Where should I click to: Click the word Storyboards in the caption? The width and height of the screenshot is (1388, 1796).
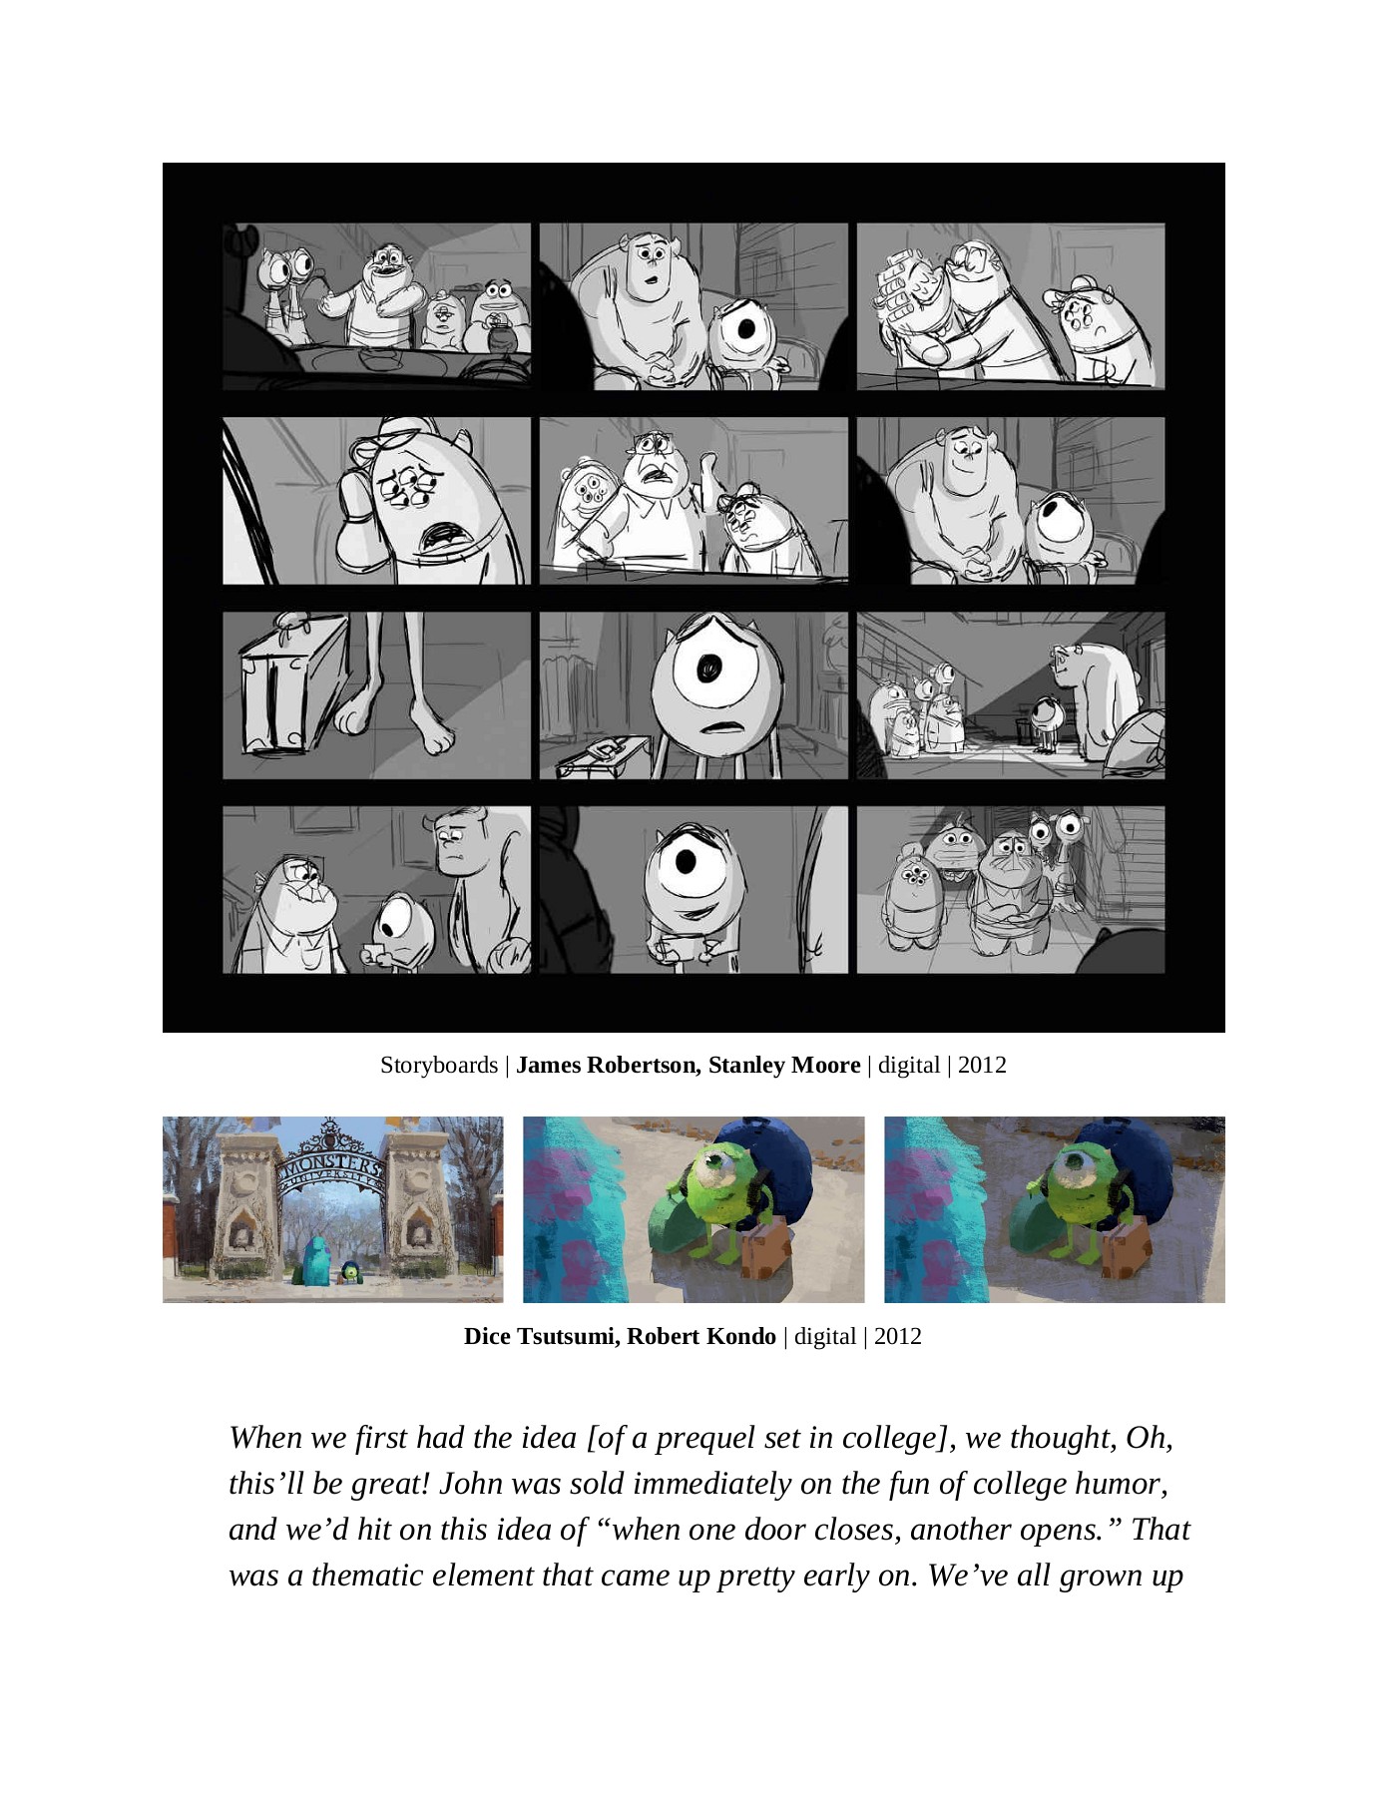click(438, 1065)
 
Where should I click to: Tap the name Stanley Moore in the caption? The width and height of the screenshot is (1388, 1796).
click(784, 1065)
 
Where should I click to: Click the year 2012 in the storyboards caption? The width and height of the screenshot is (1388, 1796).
click(982, 1065)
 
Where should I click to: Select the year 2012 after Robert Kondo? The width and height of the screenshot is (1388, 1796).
click(897, 1336)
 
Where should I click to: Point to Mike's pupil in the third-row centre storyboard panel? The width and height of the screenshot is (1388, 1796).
click(709, 668)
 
